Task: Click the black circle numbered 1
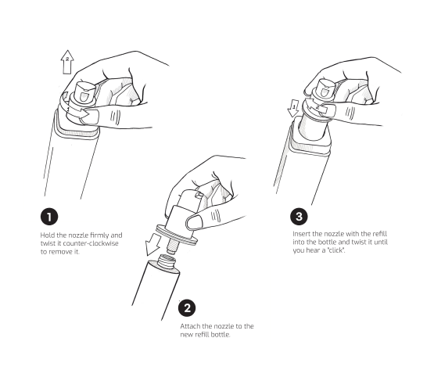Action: pyautogui.click(x=49, y=215)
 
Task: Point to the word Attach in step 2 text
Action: pyautogui.click(x=190, y=325)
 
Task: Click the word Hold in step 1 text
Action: pyautogui.click(x=47, y=235)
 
